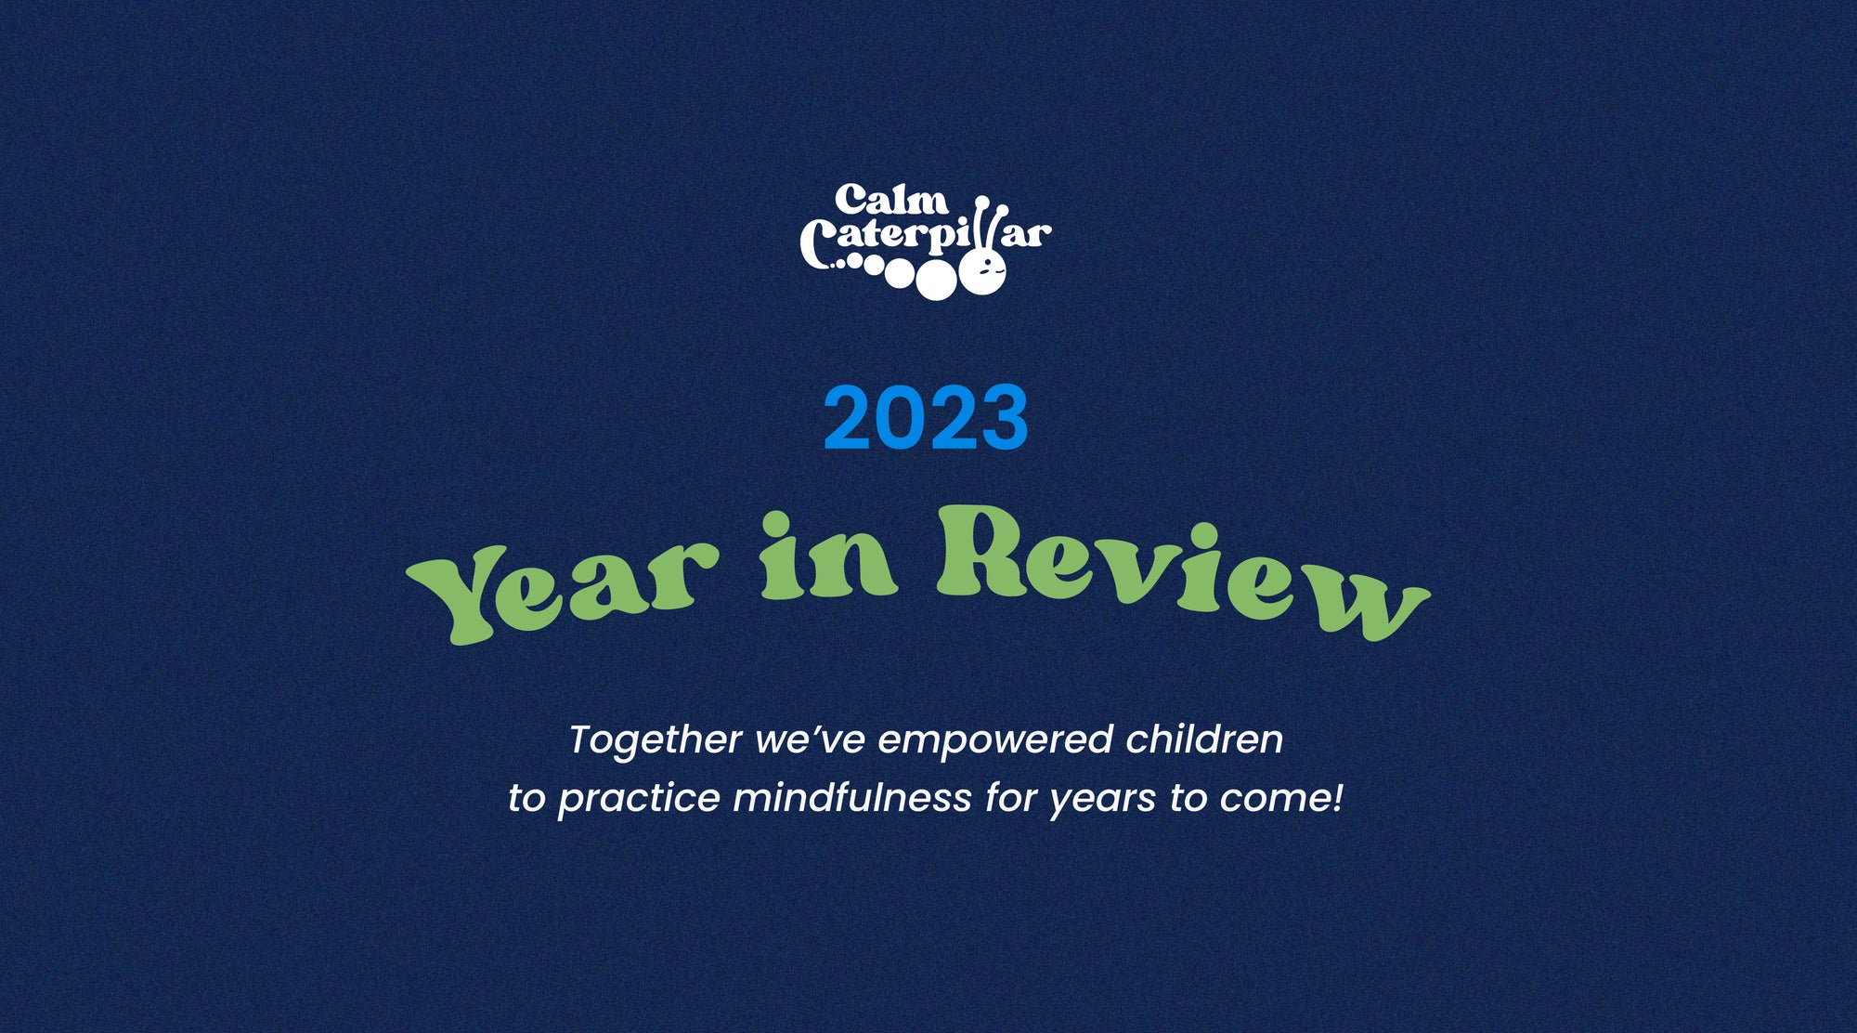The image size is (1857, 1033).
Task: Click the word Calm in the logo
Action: tap(891, 199)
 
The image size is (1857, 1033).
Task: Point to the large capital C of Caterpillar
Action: tap(816, 244)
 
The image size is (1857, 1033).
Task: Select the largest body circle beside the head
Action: tap(937, 281)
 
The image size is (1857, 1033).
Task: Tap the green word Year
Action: tap(563, 589)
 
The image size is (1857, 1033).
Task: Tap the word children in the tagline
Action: tap(1204, 739)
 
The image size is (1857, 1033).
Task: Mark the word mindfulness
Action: tap(852, 798)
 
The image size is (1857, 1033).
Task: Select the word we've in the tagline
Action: tap(811, 740)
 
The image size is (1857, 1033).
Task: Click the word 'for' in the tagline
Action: tap(1011, 798)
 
